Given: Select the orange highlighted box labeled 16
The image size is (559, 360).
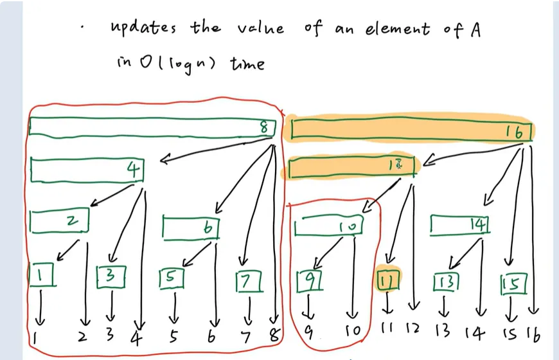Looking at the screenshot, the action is click(411, 130).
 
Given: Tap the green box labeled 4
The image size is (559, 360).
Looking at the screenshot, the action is click(86, 170).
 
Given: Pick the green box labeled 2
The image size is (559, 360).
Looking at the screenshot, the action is click(59, 221).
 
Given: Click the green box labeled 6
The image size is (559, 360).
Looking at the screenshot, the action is click(191, 227).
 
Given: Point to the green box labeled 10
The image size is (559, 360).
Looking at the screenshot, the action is click(328, 227).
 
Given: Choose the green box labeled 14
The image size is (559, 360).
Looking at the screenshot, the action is click(459, 224).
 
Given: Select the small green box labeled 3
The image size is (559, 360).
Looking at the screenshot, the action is click(110, 276).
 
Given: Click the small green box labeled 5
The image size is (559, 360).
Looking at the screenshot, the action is click(172, 278).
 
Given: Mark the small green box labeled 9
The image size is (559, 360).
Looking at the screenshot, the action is click(308, 280).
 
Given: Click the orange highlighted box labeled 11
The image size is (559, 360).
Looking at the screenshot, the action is click(387, 280).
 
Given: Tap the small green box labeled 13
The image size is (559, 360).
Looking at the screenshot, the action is click(445, 282).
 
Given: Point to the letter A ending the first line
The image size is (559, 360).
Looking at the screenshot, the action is click(475, 30).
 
